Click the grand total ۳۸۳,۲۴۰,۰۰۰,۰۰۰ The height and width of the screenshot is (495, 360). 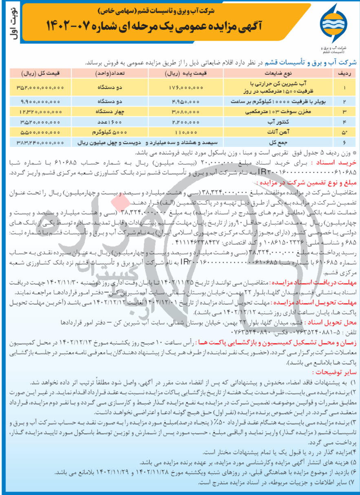40,142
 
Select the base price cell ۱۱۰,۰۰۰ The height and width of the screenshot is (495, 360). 186,132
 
